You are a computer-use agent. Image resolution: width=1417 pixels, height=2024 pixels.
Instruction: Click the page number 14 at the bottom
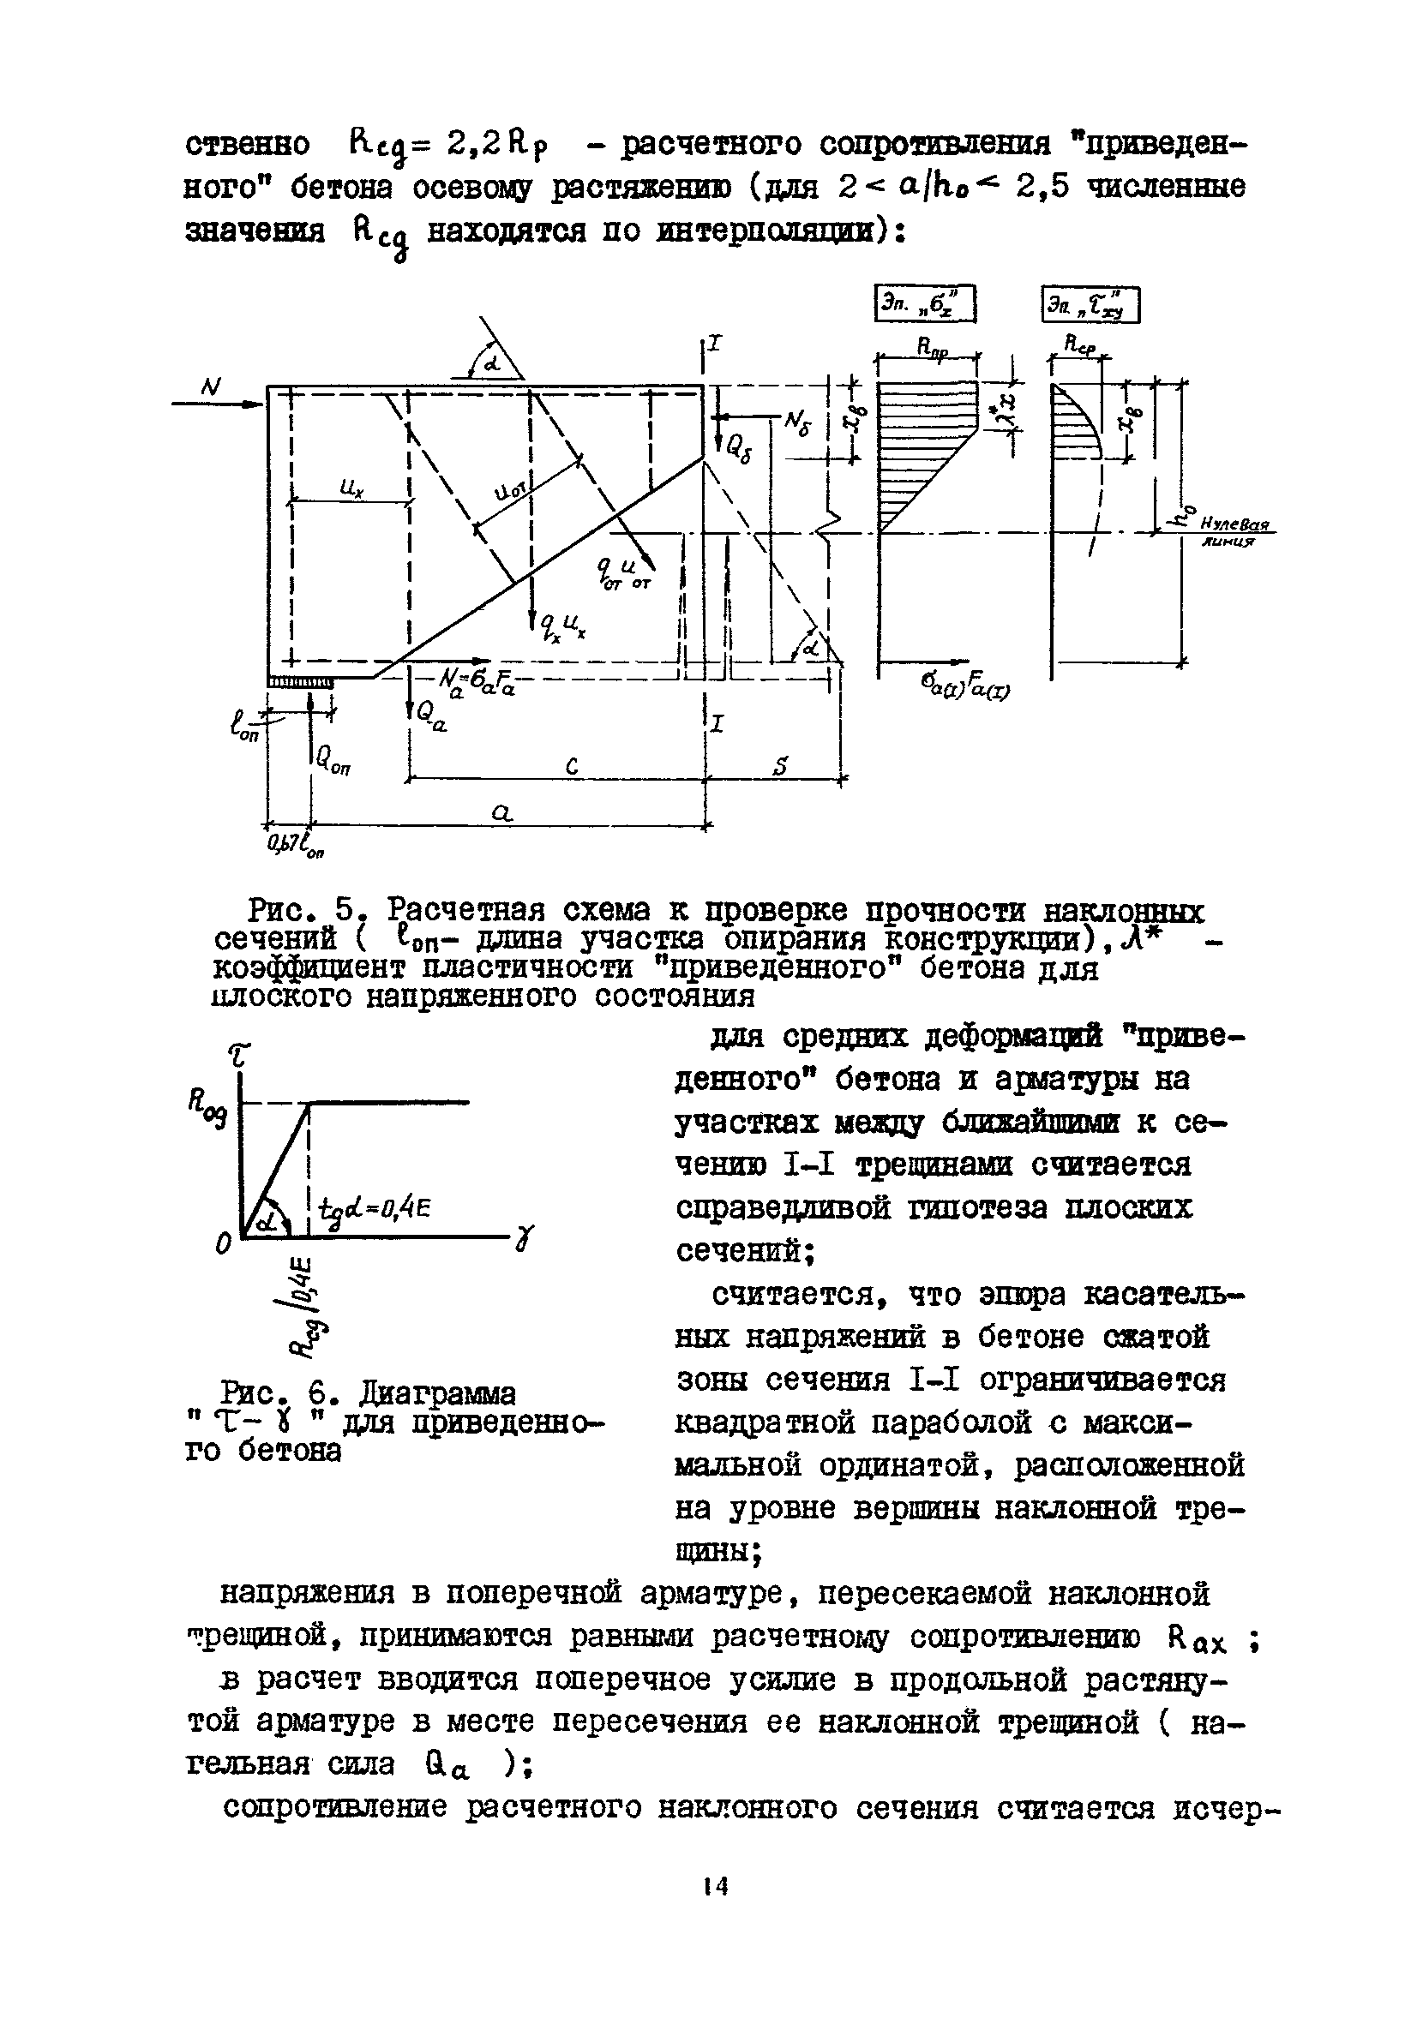715,1887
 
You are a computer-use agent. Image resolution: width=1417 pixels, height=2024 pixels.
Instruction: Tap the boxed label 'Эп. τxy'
1090,306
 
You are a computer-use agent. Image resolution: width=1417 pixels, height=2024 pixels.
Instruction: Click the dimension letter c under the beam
572,767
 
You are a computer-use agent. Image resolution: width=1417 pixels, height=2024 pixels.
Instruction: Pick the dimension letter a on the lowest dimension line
501,816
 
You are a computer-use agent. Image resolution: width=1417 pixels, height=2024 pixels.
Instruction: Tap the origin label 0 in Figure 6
224,1243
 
